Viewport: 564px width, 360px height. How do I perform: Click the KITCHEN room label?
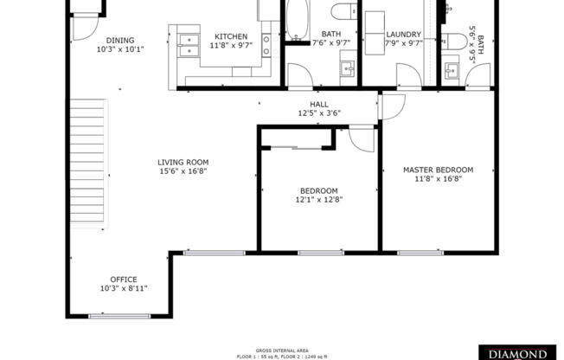[x=230, y=36]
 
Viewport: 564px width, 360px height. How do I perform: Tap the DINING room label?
[x=120, y=41]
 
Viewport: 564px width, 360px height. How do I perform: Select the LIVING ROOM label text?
[x=183, y=162]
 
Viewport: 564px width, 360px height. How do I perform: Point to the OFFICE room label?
[x=123, y=279]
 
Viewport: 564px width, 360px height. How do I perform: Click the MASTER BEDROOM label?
[x=438, y=170]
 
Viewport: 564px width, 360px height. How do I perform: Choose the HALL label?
[x=307, y=104]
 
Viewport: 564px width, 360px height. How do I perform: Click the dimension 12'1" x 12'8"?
[x=318, y=200]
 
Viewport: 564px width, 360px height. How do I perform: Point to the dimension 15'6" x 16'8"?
[x=183, y=171]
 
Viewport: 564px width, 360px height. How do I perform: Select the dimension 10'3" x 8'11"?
[x=123, y=288]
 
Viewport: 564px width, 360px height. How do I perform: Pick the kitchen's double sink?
[x=188, y=45]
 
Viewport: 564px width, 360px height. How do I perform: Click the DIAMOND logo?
[x=518, y=353]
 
